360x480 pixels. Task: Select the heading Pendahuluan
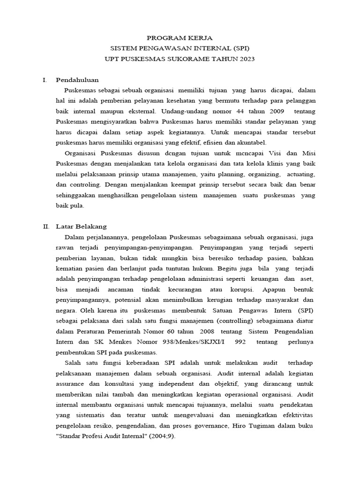click(x=77, y=80)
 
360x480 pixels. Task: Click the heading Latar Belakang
click(x=81, y=226)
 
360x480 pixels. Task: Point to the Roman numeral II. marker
click(x=46, y=226)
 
